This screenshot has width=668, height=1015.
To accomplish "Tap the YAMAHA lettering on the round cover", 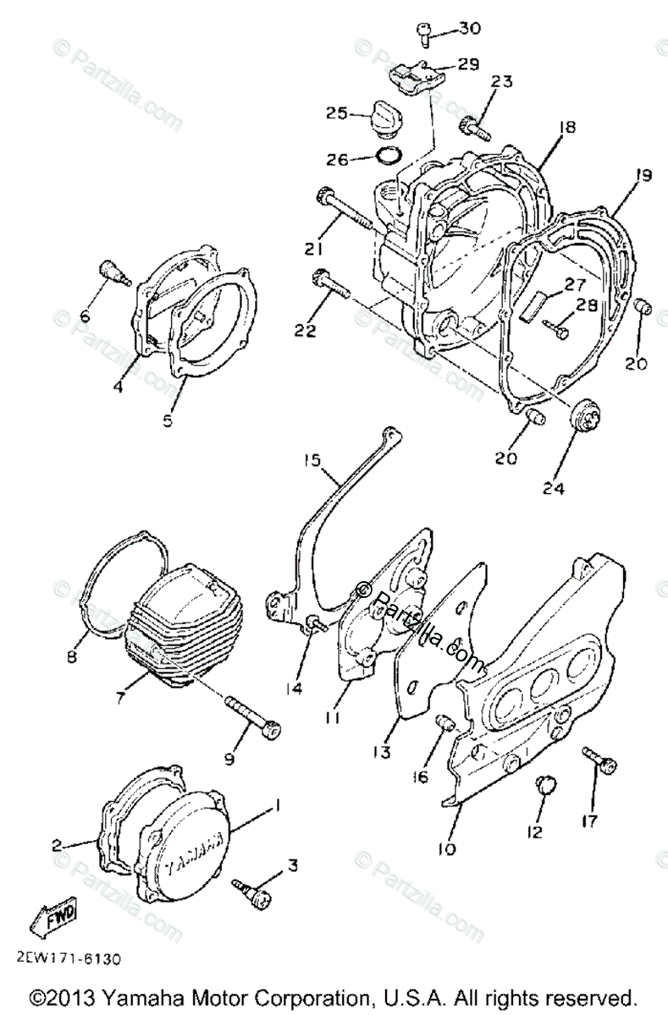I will [x=195, y=851].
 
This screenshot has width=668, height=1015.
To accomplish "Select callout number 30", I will [x=469, y=29].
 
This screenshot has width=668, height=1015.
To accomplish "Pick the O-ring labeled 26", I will [x=387, y=156].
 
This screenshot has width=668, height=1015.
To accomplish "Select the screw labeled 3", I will [x=255, y=890].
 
